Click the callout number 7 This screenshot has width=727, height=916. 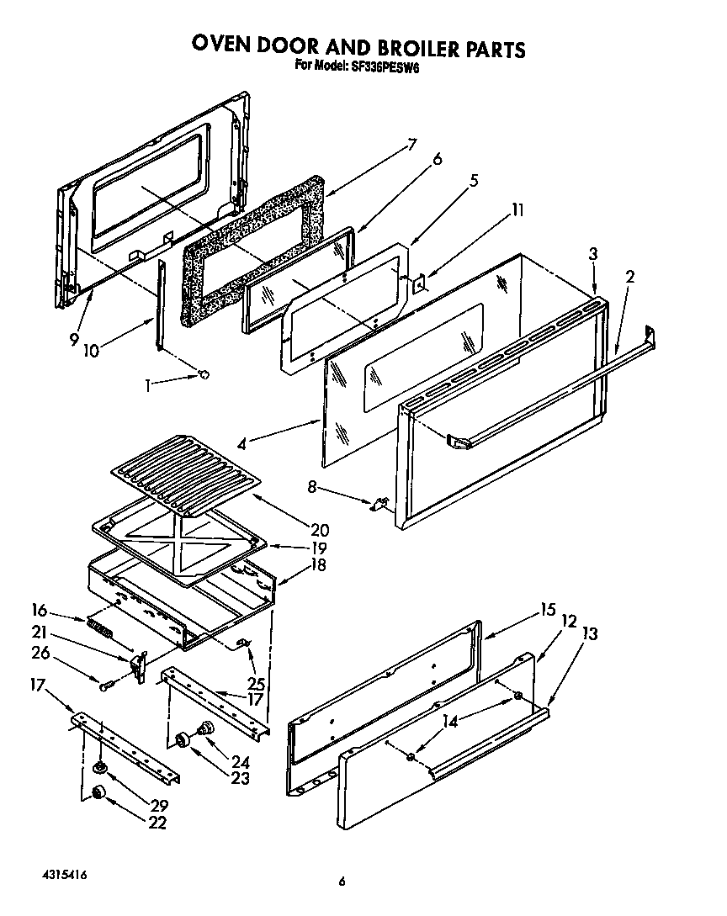click(411, 144)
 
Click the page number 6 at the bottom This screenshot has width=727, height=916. click(342, 882)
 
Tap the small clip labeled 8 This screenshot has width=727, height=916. click(379, 504)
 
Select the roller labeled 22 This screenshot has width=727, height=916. click(98, 792)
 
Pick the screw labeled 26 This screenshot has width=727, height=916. click(104, 686)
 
